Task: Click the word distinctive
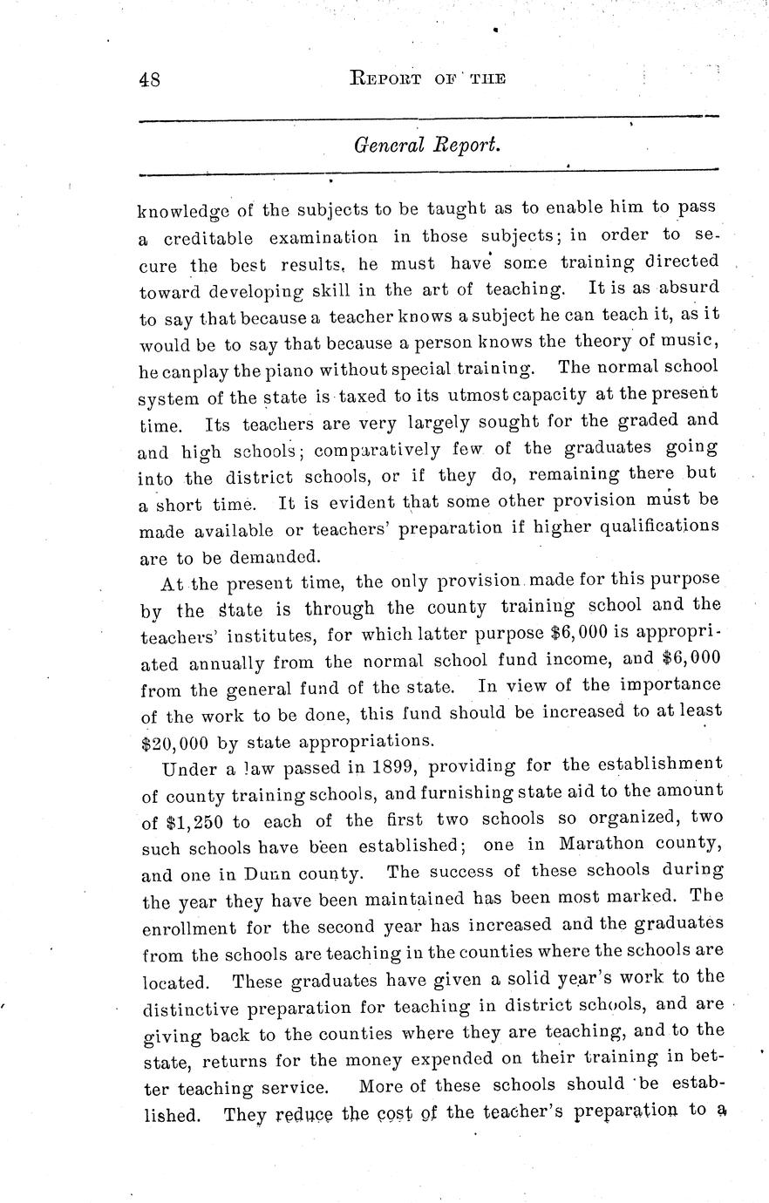click(198, 1009)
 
